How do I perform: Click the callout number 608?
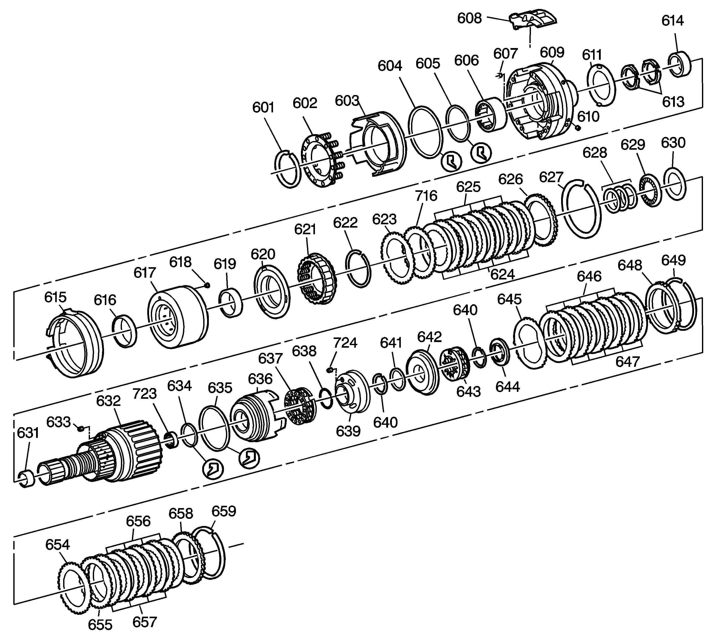coord(469,18)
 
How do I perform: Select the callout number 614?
coord(672,21)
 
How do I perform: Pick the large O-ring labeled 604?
coord(425,131)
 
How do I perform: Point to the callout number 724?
coord(345,343)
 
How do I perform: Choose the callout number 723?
coord(144,394)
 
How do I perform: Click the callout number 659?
coord(224,511)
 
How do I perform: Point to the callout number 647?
coord(628,361)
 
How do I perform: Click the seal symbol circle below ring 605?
coord(481,153)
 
